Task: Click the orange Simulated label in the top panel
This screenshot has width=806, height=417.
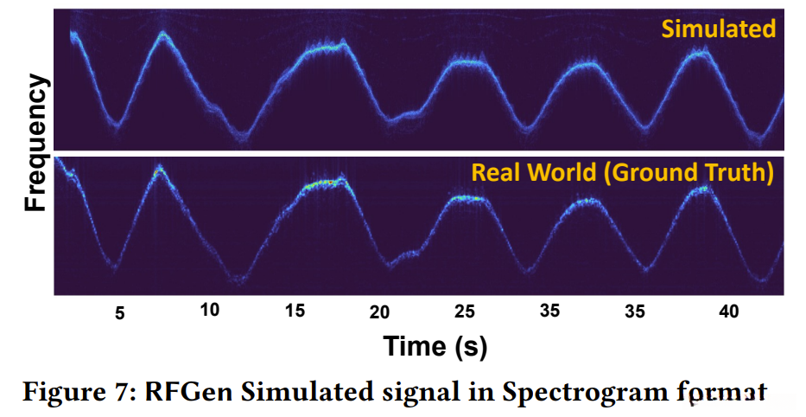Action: click(718, 29)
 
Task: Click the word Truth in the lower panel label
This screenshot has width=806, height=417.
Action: click(736, 173)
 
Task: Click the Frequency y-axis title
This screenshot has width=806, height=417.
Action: click(35, 143)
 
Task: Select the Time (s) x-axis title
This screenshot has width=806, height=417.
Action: click(435, 346)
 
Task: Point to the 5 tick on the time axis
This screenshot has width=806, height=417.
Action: click(120, 313)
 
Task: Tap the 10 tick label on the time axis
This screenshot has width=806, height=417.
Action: click(210, 310)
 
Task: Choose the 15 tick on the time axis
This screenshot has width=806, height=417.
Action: click(295, 311)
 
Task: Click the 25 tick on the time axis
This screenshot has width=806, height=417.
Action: click(465, 311)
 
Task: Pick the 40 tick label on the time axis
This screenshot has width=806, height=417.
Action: click(728, 311)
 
